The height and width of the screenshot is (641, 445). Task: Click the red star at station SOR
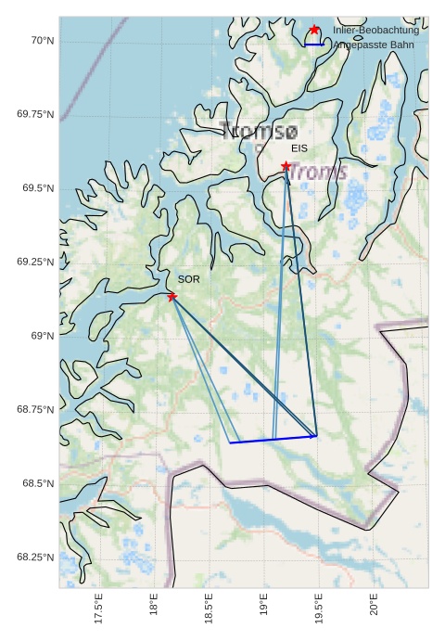172,296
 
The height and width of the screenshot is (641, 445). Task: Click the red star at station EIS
286,166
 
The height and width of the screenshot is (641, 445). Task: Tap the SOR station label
188,279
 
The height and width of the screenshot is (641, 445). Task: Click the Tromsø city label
260,131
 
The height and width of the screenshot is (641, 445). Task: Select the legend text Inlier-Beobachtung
375,31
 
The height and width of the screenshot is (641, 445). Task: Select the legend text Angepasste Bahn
375,45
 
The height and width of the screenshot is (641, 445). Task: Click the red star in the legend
314,30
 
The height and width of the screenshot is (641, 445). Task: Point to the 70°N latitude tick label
42,41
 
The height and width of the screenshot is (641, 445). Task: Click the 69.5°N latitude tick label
36,188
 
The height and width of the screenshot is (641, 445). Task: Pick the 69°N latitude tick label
42,336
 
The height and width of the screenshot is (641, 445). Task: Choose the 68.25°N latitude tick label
36,558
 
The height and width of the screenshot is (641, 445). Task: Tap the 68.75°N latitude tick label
36,410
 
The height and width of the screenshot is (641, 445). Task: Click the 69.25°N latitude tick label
36,263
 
